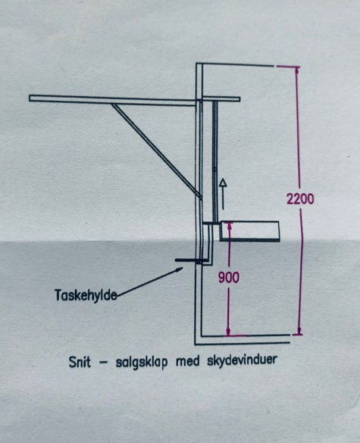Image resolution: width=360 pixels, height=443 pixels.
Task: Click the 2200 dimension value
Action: coord(300,198)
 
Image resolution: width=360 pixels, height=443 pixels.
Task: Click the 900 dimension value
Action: coord(228,277)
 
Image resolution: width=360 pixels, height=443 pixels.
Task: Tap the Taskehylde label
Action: coord(86,295)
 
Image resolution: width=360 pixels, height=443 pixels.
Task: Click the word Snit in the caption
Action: coord(80,362)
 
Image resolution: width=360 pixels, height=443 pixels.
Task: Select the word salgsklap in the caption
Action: coord(142,363)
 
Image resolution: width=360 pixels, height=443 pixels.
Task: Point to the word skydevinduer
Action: coord(242,360)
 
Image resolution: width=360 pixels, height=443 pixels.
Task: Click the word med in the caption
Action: coord(187,361)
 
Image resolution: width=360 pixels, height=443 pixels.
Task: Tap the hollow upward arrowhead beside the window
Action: coord(223,183)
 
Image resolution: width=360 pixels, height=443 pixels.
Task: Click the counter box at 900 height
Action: coord(249,232)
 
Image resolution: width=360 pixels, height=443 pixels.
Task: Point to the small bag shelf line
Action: coord(187,260)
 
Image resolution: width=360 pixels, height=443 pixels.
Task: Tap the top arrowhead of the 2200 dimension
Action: coord(296,70)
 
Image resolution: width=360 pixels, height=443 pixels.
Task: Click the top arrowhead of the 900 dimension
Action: coord(229,226)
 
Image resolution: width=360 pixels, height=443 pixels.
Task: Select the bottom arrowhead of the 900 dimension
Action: coord(228,332)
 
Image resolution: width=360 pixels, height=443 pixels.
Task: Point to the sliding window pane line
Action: coord(215,162)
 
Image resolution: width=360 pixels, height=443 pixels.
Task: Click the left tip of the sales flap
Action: coord(30,98)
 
